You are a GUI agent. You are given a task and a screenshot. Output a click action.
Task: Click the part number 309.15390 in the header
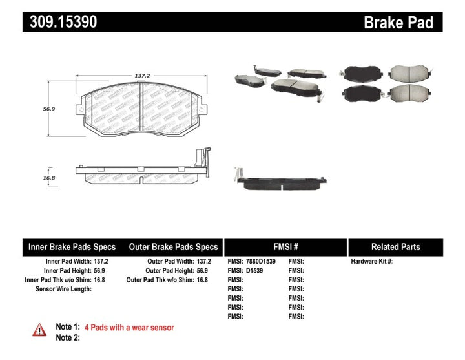(x=63, y=23)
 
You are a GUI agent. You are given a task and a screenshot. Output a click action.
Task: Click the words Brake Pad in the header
(x=398, y=23)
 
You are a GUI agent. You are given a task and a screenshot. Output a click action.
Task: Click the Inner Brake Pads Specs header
(x=72, y=247)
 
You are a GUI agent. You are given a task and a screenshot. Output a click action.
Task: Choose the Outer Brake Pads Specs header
(x=174, y=247)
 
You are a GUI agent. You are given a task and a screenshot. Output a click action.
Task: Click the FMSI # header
(x=285, y=247)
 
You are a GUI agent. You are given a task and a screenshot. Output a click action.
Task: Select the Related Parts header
(x=395, y=247)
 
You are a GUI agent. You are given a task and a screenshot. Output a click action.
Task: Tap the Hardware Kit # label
(x=371, y=262)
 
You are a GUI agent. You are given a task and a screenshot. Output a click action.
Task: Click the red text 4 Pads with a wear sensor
(x=134, y=328)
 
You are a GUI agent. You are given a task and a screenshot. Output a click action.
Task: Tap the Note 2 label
(x=68, y=337)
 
